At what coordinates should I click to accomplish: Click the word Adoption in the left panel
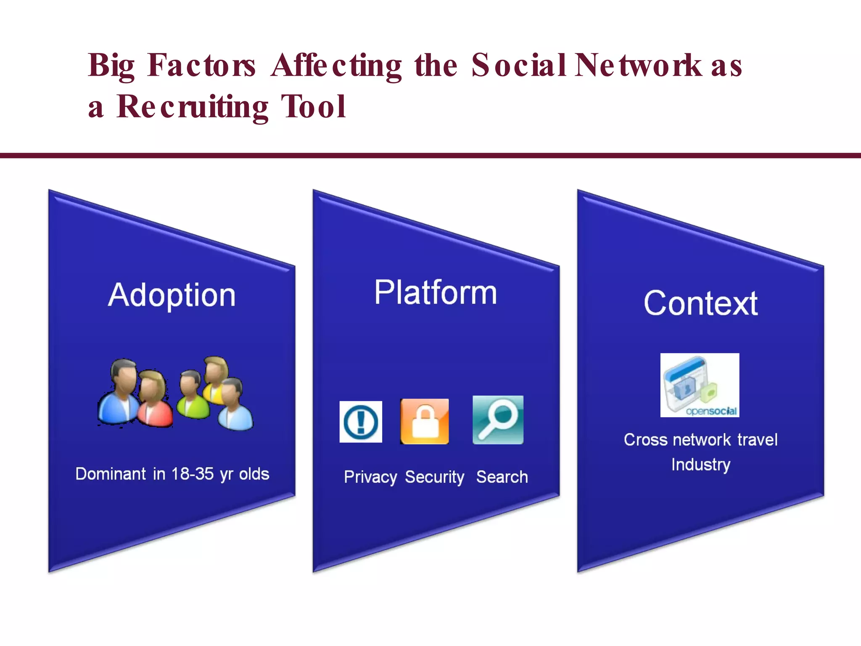172,295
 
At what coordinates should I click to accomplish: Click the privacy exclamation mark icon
361,422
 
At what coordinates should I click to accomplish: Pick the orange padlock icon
425,421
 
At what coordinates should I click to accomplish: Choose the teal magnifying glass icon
498,420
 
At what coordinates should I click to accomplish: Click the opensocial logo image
700,385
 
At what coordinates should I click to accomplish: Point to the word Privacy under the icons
370,477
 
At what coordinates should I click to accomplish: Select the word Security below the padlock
434,477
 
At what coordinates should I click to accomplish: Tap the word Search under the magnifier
502,477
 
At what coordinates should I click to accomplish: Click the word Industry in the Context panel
700,465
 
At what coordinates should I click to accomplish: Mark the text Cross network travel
700,440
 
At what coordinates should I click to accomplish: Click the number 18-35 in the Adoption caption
192,474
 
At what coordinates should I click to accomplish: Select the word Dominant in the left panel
111,474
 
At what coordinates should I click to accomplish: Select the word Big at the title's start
111,66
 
